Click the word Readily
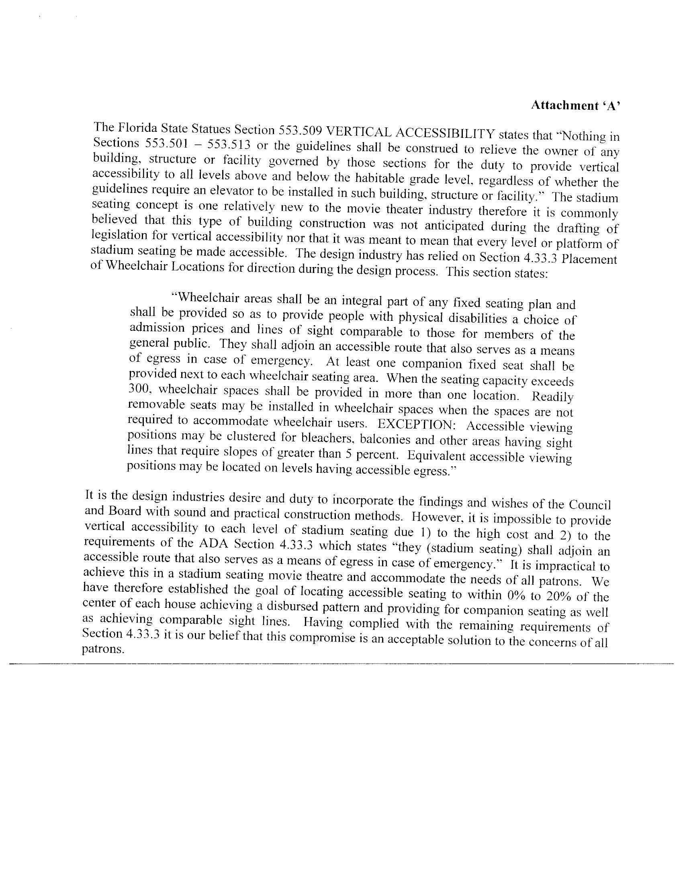552,396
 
